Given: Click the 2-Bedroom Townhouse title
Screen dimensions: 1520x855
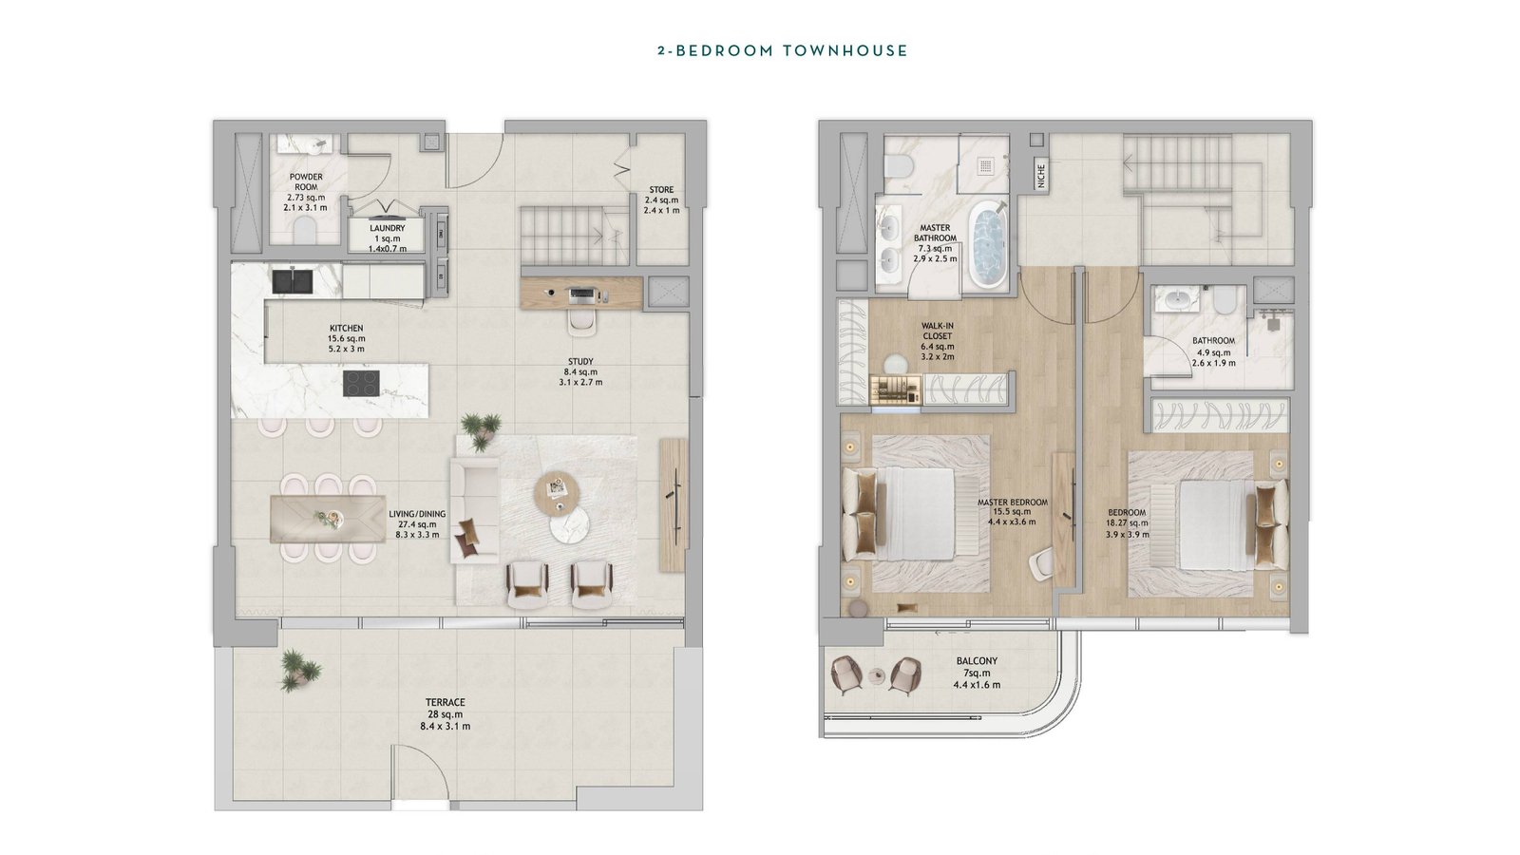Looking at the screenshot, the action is point(783,51).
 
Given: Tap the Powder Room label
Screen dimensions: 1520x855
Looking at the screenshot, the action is point(306,181).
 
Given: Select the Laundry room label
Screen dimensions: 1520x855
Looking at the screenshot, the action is point(387,229).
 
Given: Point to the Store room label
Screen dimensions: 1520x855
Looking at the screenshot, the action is point(661,190).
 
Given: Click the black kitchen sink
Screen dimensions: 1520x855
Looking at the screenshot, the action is point(294,281).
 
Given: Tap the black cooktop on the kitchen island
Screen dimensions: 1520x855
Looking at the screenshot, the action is point(362,384).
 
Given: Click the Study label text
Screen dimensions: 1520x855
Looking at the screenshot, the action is point(580,362).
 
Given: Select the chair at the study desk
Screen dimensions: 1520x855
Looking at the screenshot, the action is point(583,323).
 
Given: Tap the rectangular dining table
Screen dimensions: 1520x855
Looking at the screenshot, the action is point(328,519).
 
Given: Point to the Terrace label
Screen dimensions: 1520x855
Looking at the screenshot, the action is point(446,702).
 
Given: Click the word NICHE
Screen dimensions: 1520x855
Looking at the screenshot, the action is point(1041,176).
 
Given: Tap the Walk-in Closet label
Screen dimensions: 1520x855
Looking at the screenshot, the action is point(937,332).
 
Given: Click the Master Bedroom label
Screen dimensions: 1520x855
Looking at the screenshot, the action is point(1013,503).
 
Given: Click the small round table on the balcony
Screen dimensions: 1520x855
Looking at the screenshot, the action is point(878,675).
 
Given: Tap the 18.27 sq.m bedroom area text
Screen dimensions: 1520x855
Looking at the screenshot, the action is point(1127,523).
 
